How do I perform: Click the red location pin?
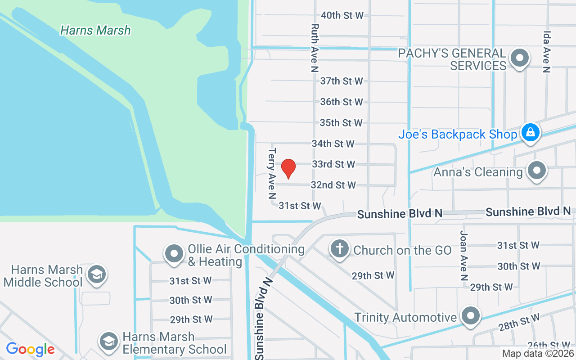coord(288,169)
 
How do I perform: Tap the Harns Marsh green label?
coord(95,30)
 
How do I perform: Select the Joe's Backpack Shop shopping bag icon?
coord(531,133)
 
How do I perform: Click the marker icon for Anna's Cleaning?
coord(536,171)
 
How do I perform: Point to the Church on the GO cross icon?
coord(340,249)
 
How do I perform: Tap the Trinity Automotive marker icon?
coord(471,316)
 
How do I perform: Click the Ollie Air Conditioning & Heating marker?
coord(174,254)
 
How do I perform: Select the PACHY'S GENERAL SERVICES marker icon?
coord(520,58)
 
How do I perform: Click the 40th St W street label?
coord(342,15)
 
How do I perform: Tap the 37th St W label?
coord(342,81)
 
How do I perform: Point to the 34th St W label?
coord(333,144)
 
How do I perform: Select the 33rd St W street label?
coord(333,164)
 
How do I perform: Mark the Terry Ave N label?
coord(272,173)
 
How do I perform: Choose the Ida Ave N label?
coord(547,52)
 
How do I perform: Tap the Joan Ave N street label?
coord(464,256)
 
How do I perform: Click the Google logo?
coord(30,349)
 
